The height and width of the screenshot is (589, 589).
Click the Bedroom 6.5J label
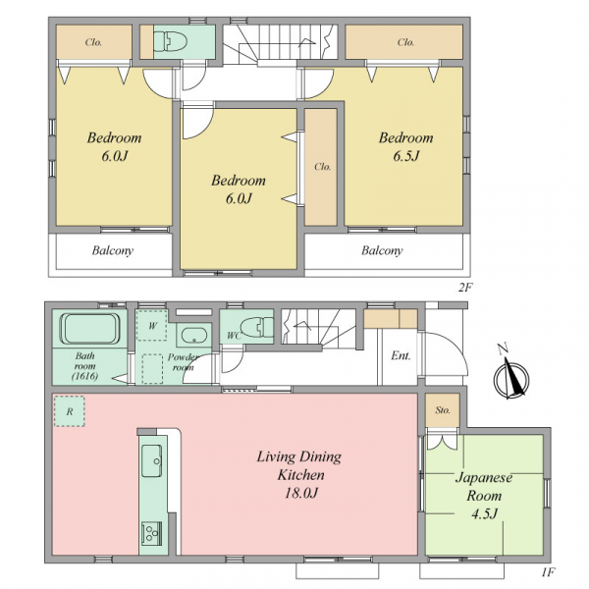click(x=406, y=146)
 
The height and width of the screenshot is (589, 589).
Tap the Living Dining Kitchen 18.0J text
click(x=299, y=474)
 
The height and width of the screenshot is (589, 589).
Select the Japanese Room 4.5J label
click(x=484, y=495)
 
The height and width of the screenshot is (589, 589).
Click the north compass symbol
click(x=510, y=373)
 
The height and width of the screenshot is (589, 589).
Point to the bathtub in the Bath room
click(x=89, y=329)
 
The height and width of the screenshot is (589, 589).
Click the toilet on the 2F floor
click(x=171, y=41)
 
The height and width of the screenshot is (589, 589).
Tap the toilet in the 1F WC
click(x=257, y=327)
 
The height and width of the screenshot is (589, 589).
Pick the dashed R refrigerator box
click(x=70, y=411)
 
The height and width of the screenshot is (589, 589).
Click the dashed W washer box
click(x=152, y=325)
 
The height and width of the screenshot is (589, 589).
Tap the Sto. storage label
click(x=443, y=409)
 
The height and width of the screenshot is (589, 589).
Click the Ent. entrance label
click(x=401, y=355)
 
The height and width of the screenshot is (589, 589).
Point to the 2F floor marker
click(x=464, y=288)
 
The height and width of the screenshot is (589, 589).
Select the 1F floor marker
click(x=548, y=572)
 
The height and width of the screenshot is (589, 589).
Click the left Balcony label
click(x=113, y=250)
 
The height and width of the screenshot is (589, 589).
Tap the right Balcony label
click(x=382, y=250)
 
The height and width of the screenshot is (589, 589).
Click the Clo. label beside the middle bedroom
click(x=323, y=167)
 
